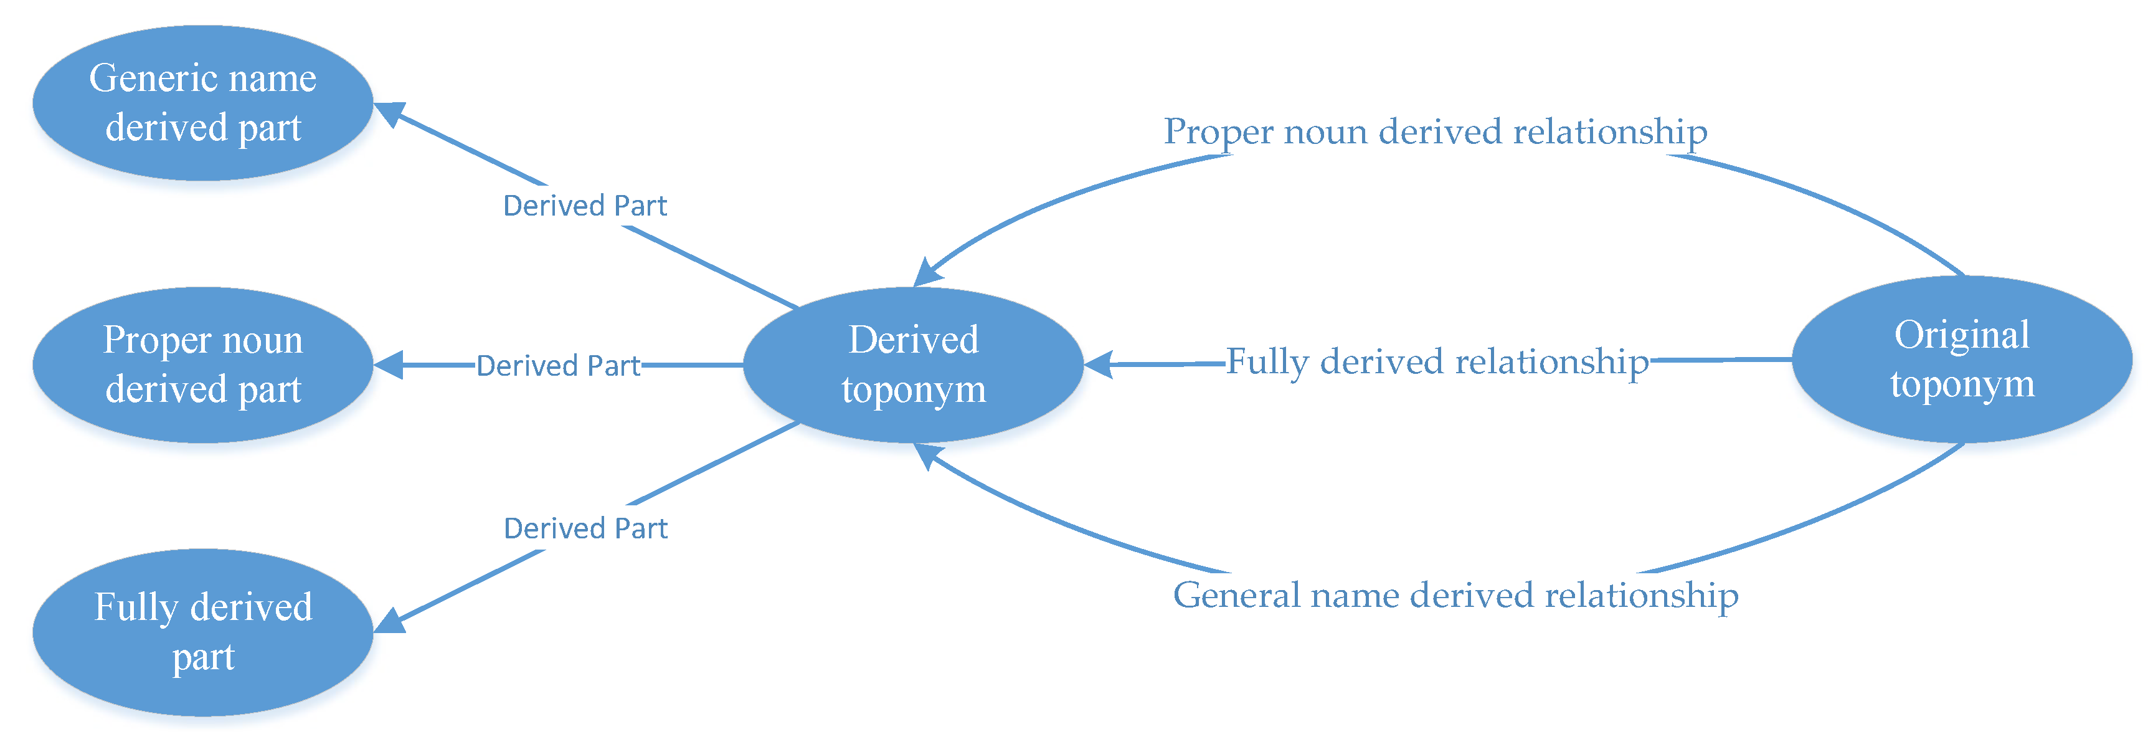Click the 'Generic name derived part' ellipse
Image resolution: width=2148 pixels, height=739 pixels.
tap(202, 103)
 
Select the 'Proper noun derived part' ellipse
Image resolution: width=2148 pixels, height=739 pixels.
tap(202, 365)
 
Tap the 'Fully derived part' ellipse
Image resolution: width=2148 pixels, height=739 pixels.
tap(202, 631)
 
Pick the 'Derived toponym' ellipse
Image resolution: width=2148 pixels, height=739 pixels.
tap(913, 365)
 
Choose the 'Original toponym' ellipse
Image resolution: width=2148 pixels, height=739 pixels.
tap(1961, 360)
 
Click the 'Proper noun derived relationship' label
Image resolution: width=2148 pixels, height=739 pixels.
tap(1435, 131)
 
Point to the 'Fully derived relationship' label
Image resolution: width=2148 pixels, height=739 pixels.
tap(1437, 362)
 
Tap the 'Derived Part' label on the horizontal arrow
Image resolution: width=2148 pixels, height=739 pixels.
tap(558, 365)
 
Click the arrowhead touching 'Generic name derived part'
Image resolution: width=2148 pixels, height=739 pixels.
tap(388, 113)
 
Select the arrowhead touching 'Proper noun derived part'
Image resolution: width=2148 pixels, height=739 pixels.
tap(389, 365)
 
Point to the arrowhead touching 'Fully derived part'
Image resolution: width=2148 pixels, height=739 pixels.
tap(389, 621)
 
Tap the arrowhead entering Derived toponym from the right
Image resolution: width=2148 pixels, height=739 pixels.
tap(1098, 365)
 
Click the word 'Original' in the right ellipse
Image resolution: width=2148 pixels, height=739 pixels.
tap(1961, 335)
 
